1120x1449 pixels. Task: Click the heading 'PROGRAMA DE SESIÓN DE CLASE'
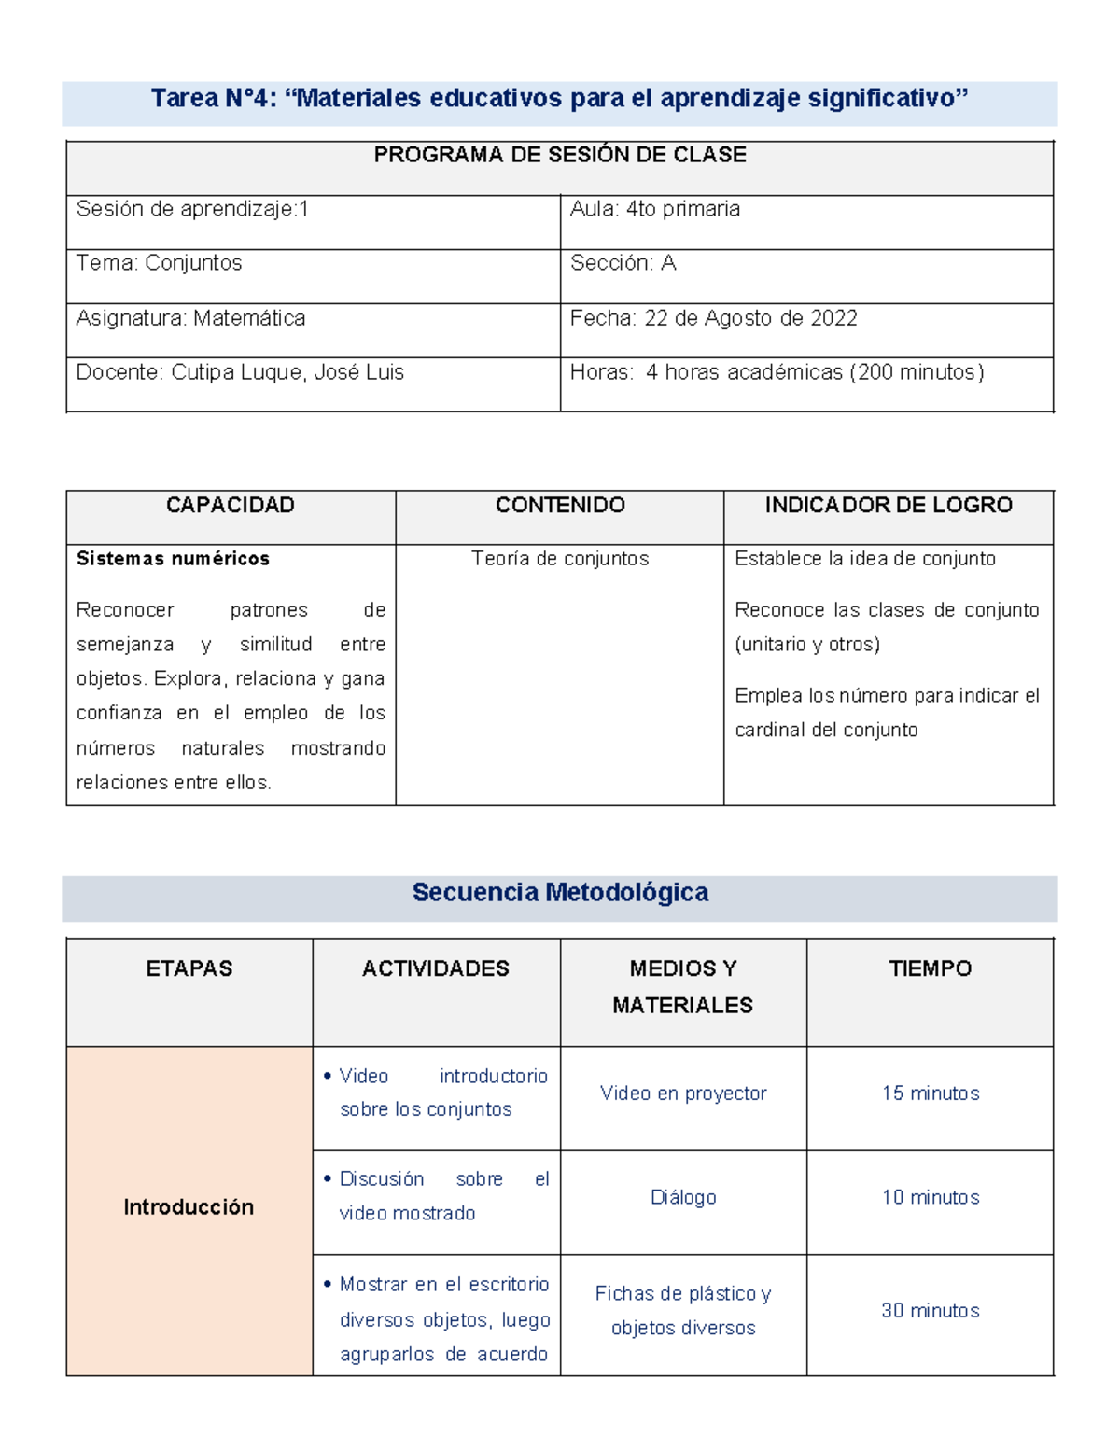[560, 155]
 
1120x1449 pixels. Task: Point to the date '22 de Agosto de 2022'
[750, 318]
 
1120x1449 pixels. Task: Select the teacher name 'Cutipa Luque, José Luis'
[287, 372]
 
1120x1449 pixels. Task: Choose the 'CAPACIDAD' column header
[230, 505]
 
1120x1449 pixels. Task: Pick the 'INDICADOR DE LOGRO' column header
[888, 505]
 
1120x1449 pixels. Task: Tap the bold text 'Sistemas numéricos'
[173, 559]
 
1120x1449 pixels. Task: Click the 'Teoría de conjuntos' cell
[560, 559]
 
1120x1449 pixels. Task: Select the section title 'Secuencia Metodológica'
[560, 893]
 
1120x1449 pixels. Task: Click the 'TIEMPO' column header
[930, 968]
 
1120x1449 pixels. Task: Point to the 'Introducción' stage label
[189, 1207]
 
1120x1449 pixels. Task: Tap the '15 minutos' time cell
[930, 1094]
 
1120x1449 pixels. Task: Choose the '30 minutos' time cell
[930, 1311]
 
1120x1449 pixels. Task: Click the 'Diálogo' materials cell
[683, 1198]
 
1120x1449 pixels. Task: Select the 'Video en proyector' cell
[683, 1094]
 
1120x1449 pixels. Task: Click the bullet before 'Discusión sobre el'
[328, 1179]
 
